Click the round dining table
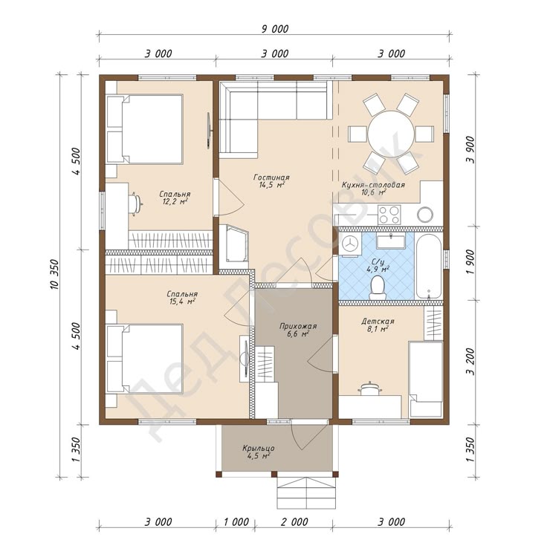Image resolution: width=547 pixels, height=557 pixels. (x=391, y=134)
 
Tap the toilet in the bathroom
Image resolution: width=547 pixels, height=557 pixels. (x=377, y=287)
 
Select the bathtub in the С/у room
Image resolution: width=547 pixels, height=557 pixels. (x=429, y=267)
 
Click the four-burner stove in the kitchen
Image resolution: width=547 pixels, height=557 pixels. (x=389, y=215)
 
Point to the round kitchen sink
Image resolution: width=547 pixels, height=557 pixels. (x=424, y=215)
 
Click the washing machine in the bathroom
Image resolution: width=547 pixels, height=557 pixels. (x=351, y=244)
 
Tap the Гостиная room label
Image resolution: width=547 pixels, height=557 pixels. (x=271, y=177)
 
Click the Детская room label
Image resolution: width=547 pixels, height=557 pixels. (x=378, y=321)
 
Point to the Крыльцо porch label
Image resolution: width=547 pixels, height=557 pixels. (x=259, y=449)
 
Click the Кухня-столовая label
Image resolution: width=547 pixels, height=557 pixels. (x=373, y=185)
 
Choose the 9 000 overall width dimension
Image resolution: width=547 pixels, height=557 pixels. (x=275, y=29)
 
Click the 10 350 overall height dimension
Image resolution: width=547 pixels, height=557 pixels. (x=55, y=275)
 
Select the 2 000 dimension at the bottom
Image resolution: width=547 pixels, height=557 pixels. (x=294, y=522)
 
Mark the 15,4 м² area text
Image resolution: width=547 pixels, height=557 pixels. (x=181, y=302)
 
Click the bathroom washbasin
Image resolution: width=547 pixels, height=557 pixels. (x=391, y=241)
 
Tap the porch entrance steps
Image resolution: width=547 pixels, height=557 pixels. (x=306, y=492)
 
